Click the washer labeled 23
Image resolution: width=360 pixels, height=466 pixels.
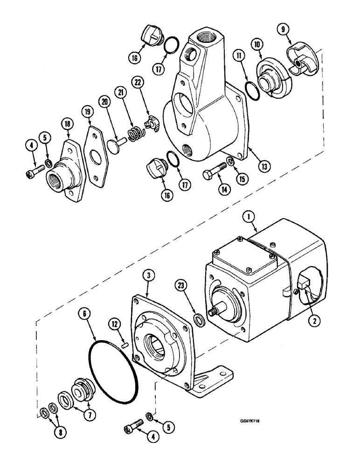[199, 319]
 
